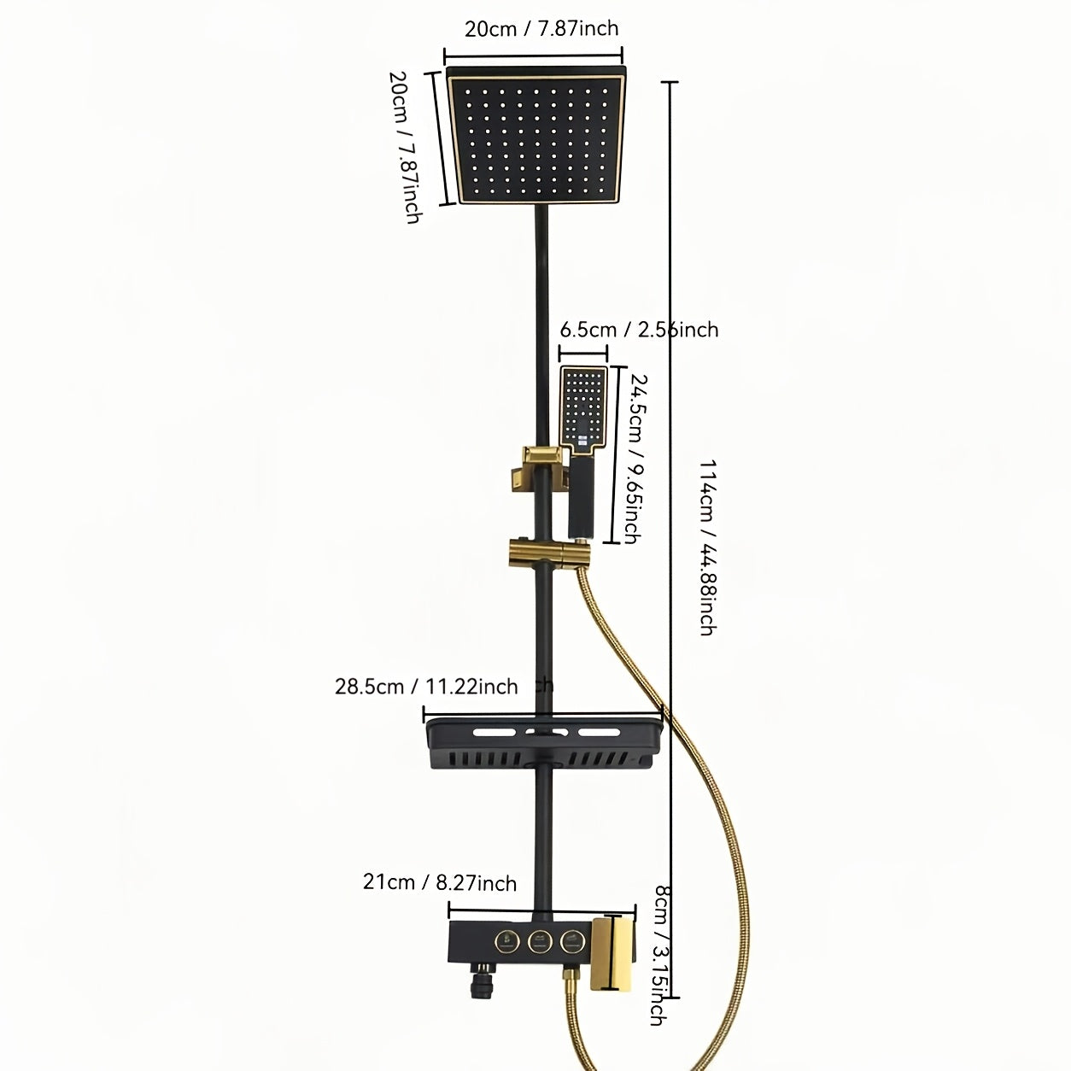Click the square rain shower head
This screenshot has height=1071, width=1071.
click(536, 135)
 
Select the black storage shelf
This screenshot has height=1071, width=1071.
click(544, 742)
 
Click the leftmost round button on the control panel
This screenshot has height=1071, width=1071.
click(506, 939)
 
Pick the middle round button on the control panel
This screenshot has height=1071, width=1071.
click(538, 939)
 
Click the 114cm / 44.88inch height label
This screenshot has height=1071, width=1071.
click(707, 547)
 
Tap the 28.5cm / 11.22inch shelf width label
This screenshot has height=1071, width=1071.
click(426, 687)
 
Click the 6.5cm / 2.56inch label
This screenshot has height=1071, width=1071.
click(639, 330)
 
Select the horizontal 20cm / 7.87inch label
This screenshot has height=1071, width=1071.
click(541, 28)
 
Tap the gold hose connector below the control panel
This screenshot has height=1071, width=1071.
click(571, 976)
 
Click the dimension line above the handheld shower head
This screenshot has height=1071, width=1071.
click(583, 353)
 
